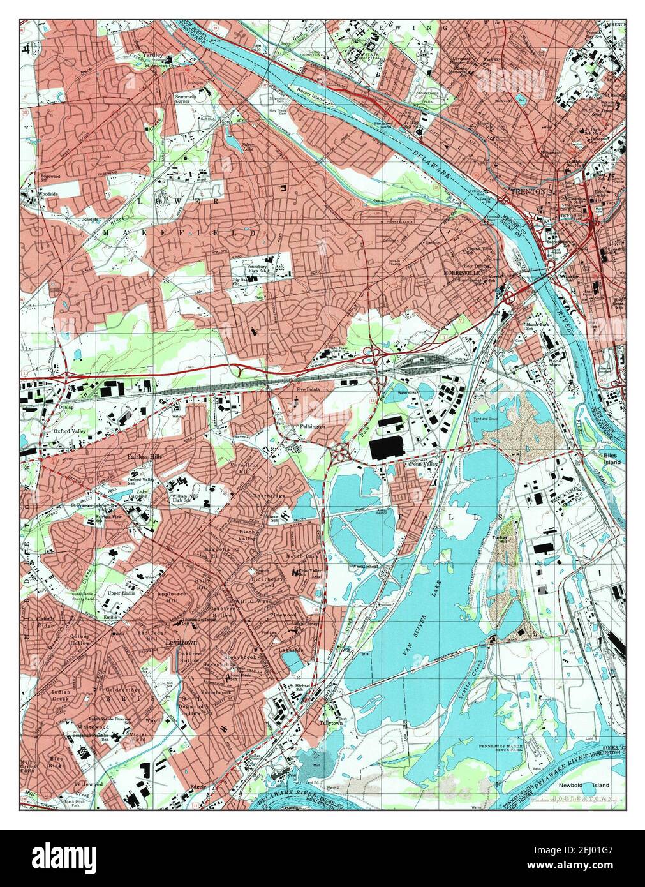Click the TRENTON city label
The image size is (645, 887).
pos(528,191)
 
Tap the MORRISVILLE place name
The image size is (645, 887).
pos(461,272)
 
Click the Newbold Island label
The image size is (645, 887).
pos(593,785)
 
